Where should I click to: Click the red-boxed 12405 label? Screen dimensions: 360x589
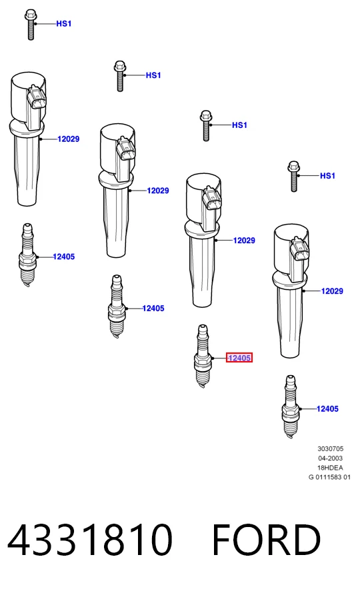(239, 358)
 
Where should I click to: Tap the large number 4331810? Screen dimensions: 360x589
(90, 540)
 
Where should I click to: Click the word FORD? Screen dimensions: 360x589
(267, 540)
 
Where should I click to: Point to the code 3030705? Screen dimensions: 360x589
(330, 448)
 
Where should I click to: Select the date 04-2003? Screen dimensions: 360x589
(330, 458)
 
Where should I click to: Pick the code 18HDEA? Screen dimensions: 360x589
(330, 468)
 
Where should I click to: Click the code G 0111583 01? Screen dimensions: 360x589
(329, 477)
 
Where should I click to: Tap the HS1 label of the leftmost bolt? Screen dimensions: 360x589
(64, 24)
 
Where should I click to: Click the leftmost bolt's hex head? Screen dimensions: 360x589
(30, 16)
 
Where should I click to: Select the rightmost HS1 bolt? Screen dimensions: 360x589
(294, 177)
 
